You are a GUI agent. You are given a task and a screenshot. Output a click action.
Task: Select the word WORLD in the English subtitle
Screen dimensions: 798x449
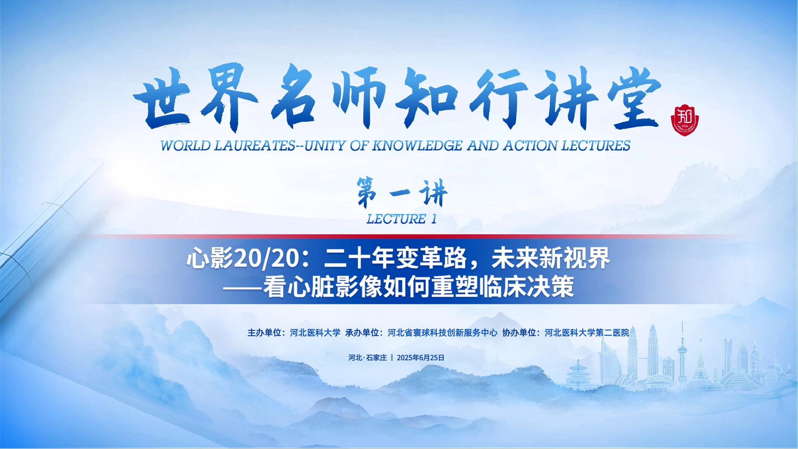(x=186, y=146)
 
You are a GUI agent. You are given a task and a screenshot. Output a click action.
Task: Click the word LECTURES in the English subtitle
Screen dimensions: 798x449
(x=596, y=146)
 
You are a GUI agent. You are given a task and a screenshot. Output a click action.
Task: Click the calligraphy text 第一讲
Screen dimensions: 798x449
(x=402, y=193)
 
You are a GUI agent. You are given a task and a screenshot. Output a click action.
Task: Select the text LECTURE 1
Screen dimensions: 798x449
(x=401, y=219)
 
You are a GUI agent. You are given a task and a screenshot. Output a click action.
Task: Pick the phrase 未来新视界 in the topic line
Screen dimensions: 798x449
(x=551, y=258)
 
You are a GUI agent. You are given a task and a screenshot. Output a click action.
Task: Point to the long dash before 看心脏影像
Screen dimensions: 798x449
(x=243, y=287)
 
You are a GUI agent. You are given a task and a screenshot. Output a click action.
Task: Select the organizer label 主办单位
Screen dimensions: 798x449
(x=264, y=333)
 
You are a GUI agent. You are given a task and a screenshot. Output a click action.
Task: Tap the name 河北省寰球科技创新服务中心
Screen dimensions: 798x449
(x=442, y=333)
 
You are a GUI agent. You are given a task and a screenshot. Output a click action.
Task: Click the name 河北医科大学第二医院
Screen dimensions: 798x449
(x=587, y=333)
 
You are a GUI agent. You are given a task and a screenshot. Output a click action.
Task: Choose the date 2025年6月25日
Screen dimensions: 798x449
(x=421, y=358)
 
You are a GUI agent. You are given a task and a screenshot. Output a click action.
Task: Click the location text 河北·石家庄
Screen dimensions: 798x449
(x=367, y=358)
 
